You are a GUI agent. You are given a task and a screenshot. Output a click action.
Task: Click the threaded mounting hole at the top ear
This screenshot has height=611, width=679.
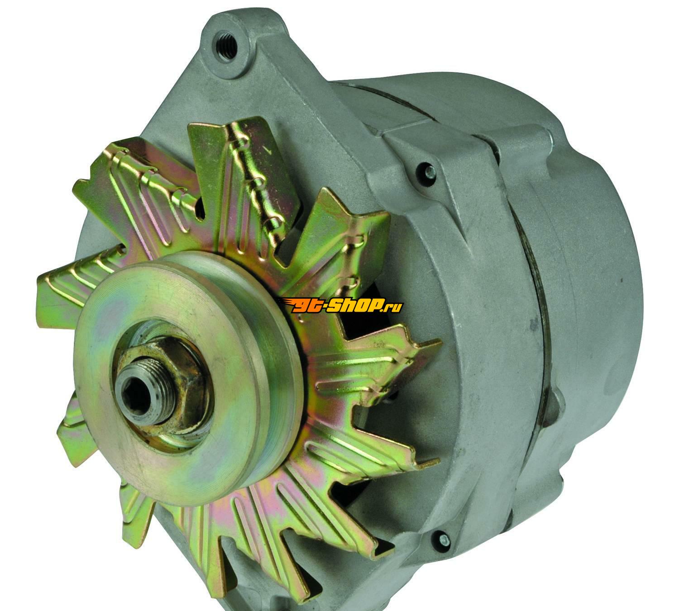point(225,48)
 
